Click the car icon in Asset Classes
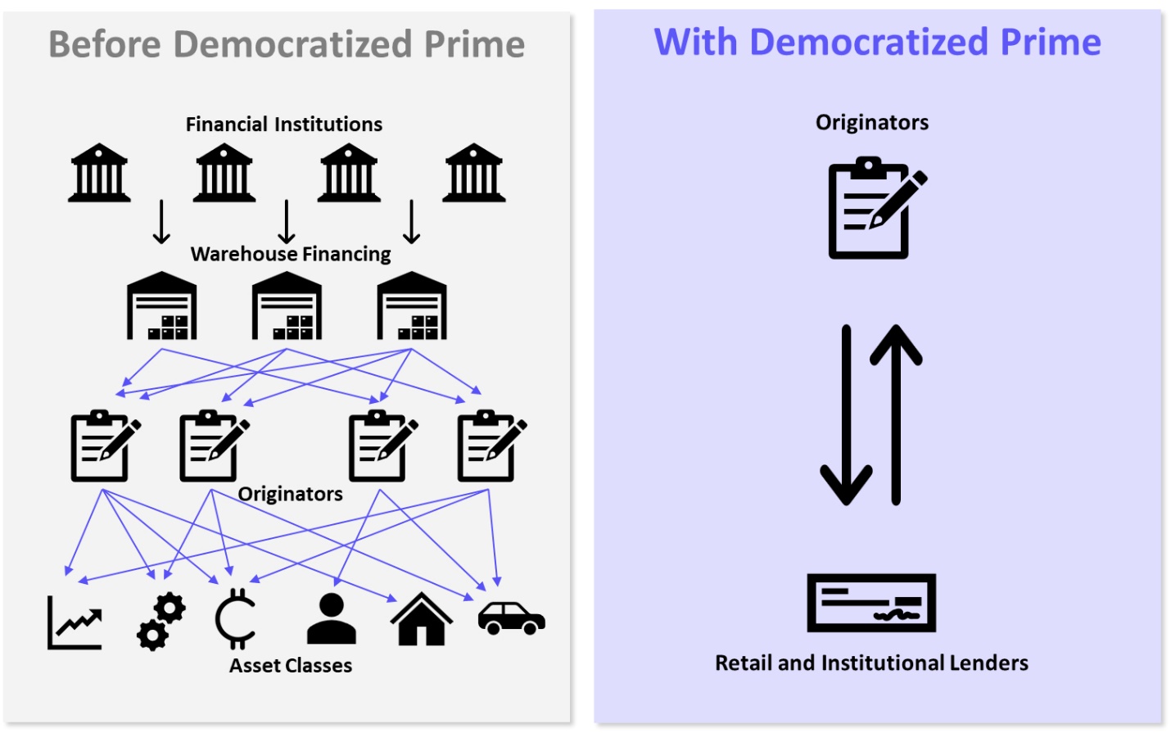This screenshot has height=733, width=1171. [511, 618]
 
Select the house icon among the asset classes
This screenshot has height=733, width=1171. [421, 619]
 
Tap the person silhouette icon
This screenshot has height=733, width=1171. [331, 619]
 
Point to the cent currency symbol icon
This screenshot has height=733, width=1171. [236, 619]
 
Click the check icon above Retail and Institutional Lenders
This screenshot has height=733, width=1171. [871, 603]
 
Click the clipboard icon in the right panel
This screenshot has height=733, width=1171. [873, 209]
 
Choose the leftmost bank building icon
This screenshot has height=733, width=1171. [99, 173]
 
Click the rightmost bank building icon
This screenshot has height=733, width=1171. [474, 173]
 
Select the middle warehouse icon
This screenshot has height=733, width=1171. [287, 306]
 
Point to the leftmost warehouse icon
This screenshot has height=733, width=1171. [162, 306]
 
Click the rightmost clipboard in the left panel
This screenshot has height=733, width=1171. [490, 446]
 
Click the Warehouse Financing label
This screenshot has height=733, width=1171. [291, 254]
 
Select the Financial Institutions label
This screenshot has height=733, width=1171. [283, 124]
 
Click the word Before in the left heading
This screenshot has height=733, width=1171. [105, 44]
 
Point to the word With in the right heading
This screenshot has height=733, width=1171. [695, 42]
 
